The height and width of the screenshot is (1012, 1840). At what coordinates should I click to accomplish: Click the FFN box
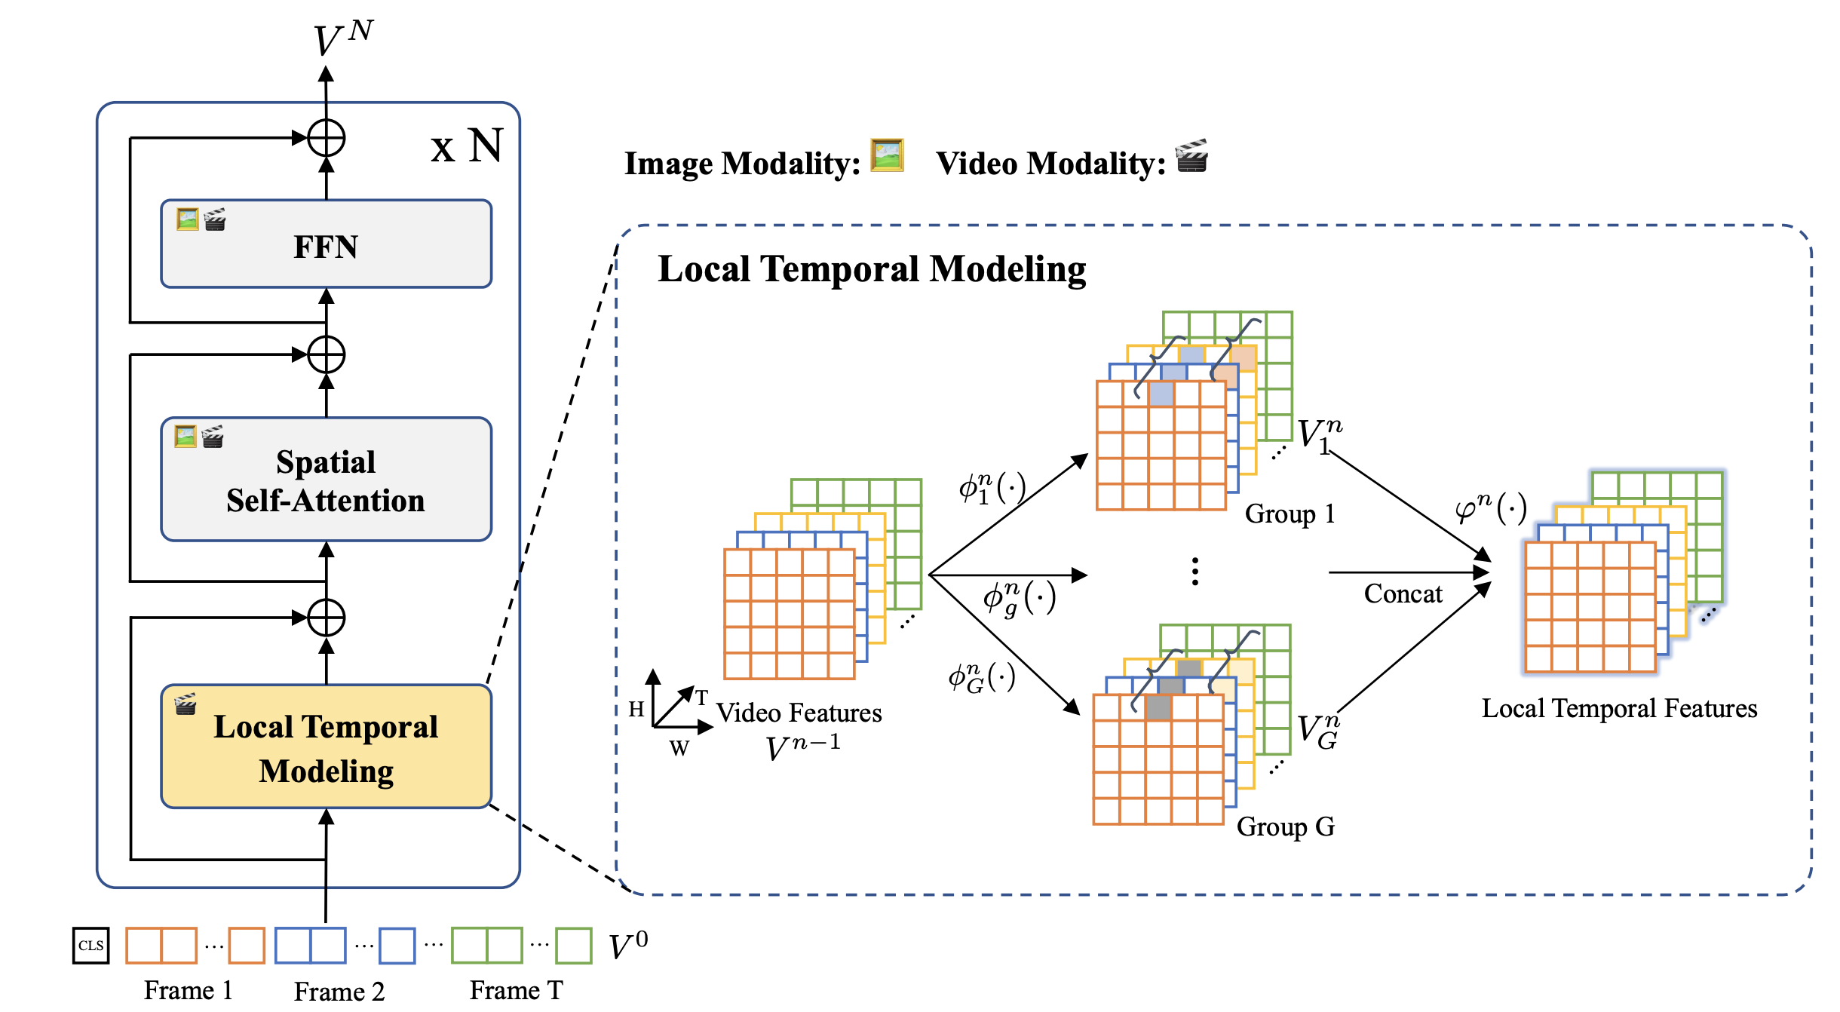pyautogui.click(x=326, y=244)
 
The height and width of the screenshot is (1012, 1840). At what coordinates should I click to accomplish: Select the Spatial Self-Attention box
pyautogui.click(x=326, y=480)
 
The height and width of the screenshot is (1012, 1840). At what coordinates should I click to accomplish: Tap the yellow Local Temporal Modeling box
pyautogui.click(x=326, y=747)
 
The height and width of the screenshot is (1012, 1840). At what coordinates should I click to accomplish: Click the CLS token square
pyautogui.click(x=90, y=945)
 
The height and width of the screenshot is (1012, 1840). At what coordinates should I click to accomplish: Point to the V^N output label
pyautogui.click(x=342, y=38)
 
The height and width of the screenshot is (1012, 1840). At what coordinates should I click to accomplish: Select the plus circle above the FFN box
pyautogui.click(x=327, y=139)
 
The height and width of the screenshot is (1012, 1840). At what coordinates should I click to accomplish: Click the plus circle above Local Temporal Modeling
pyautogui.click(x=327, y=618)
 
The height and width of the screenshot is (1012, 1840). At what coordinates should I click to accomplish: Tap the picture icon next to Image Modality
pyautogui.click(x=887, y=155)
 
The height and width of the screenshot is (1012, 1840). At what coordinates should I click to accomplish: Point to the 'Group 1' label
pyautogui.click(x=1290, y=514)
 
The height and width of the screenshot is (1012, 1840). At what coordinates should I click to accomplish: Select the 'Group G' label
pyautogui.click(x=1285, y=827)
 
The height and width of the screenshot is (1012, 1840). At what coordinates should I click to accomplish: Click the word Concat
pyautogui.click(x=1403, y=594)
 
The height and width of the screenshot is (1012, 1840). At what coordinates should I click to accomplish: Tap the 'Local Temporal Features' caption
pyautogui.click(x=1619, y=709)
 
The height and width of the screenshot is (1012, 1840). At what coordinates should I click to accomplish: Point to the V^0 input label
pyautogui.click(x=627, y=946)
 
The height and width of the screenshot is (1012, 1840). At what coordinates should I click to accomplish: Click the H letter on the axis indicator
pyautogui.click(x=636, y=709)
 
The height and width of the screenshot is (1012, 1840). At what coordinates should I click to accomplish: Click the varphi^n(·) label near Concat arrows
pyautogui.click(x=1490, y=508)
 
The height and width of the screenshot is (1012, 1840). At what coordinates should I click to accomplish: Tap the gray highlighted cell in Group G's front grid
pyautogui.click(x=1158, y=707)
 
